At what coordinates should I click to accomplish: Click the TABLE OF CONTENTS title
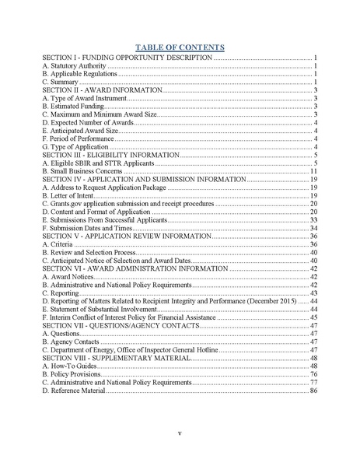pos(180,47)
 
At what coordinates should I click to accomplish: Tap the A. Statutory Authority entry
pos(74,66)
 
